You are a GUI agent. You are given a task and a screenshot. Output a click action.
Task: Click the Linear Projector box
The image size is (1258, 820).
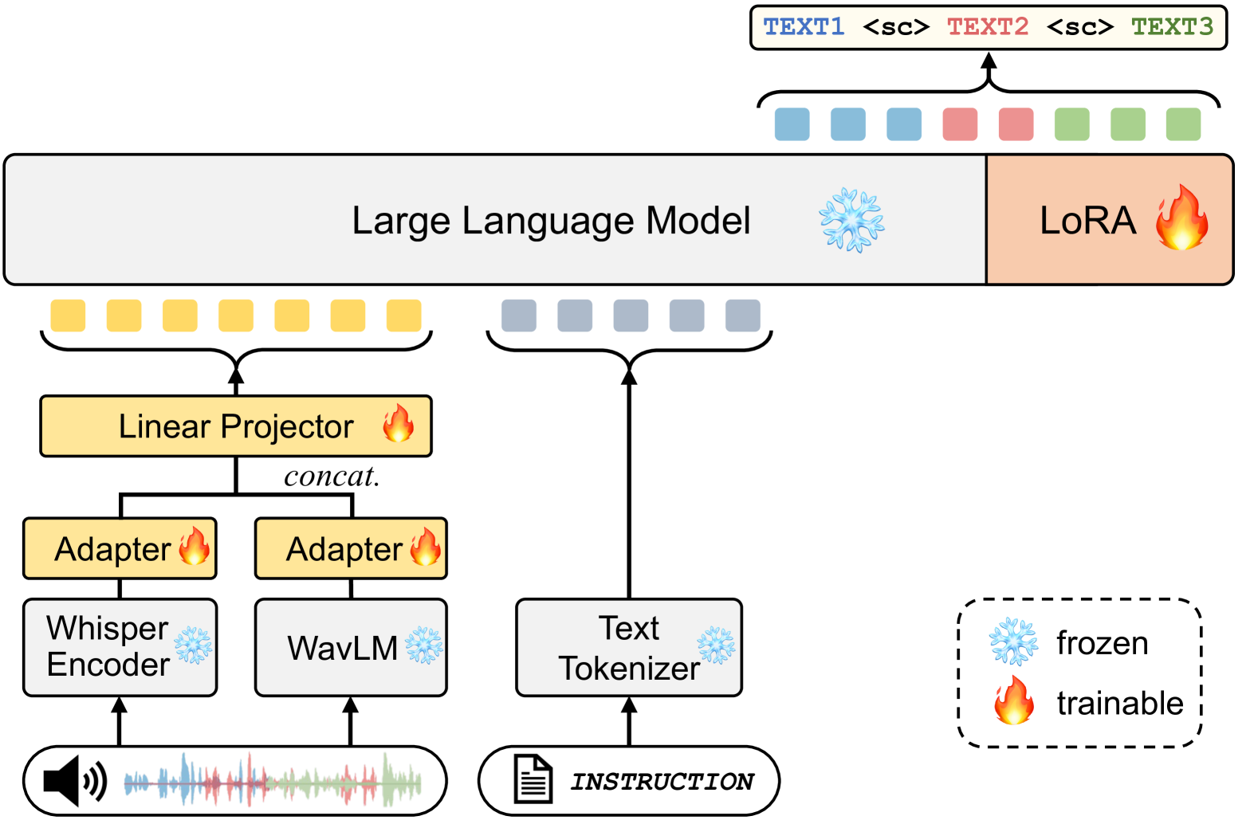[x=235, y=426]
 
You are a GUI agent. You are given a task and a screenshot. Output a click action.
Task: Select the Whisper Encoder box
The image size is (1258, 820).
[x=120, y=647]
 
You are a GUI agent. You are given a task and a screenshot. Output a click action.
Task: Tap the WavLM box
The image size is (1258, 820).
[x=351, y=647]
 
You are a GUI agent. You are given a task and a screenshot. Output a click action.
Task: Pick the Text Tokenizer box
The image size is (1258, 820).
[x=629, y=647]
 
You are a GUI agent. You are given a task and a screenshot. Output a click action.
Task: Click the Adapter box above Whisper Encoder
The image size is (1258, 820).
[x=120, y=549]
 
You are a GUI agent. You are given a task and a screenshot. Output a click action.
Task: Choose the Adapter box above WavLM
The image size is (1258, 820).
[x=351, y=549]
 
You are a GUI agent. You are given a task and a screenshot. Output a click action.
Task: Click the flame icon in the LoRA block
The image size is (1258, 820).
[x=1182, y=218]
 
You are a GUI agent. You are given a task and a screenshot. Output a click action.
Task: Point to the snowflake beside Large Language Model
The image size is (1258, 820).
[x=851, y=221]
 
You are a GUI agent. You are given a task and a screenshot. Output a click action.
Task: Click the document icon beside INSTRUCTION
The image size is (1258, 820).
[x=533, y=779]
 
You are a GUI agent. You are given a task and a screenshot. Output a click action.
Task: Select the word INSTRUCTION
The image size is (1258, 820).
[x=662, y=782]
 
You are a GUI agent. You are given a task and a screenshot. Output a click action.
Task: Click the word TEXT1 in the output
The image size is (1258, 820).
[x=804, y=27]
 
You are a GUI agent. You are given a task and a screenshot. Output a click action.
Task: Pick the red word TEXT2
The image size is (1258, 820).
[x=988, y=27]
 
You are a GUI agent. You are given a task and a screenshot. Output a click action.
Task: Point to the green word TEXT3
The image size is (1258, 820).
[x=1172, y=27]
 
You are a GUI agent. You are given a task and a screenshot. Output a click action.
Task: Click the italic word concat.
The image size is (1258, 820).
[x=332, y=477]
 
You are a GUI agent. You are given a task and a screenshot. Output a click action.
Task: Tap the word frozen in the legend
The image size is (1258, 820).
[x=1103, y=643]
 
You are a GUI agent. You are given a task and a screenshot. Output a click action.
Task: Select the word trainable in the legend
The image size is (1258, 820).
[x=1120, y=704]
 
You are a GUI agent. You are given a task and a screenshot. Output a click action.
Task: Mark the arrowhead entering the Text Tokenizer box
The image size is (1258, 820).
[x=629, y=704]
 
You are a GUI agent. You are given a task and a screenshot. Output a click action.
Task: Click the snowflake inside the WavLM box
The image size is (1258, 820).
[x=424, y=645]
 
